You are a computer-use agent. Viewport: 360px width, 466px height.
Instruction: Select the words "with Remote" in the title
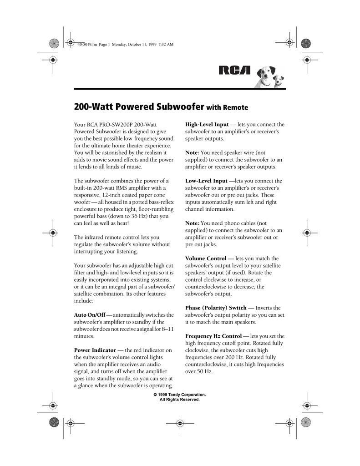pyautogui.click(x=228, y=108)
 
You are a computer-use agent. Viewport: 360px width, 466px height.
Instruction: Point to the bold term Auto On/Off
pyautogui.click(x=90, y=315)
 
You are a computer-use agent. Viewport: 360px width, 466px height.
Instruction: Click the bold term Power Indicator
pyautogui.click(x=95, y=350)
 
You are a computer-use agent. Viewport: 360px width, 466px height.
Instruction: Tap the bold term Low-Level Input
pyautogui.click(x=206, y=181)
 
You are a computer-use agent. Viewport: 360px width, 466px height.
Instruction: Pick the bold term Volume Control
pyautogui.click(x=206, y=258)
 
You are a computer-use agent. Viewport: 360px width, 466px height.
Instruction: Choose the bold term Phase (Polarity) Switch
pyautogui.click(x=216, y=308)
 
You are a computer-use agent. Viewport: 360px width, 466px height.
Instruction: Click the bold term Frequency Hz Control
pyautogui.click(x=213, y=336)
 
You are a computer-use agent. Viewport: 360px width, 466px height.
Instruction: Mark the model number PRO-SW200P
pyautogui.click(x=114, y=124)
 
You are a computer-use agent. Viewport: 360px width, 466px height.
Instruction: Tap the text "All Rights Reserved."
pyautogui.click(x=180, y=399)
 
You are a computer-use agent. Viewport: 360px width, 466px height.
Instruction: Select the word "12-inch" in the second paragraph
pyautogui.click(x=113, y=195)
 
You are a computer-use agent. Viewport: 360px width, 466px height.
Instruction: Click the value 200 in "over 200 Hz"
pyautogui.click(x=241, y=357)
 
